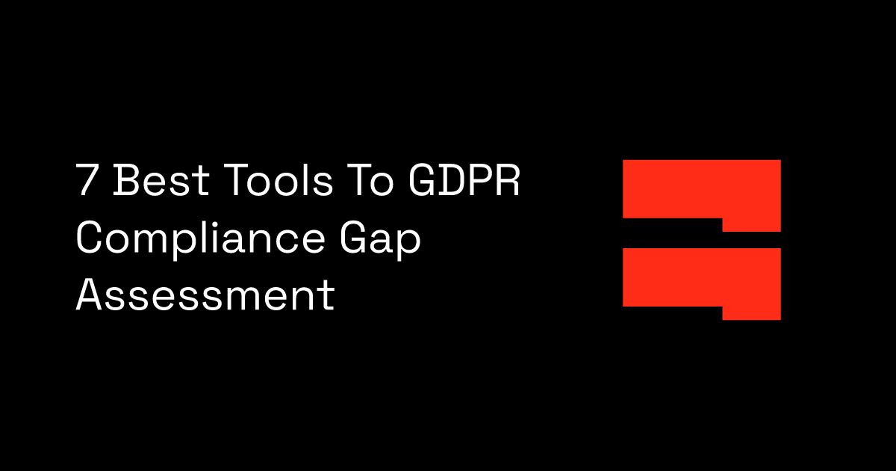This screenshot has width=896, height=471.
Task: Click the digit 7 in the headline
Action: [x=89, y=181]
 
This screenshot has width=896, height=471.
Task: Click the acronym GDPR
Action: [x=465, y=181]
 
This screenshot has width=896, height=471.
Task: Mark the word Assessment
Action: [x=205, y=295]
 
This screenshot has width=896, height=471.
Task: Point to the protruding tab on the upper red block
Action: [x=751, y=224]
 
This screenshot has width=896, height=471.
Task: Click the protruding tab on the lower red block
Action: [x=751, y=313]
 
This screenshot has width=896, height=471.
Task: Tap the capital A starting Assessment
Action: [x=90, y=295]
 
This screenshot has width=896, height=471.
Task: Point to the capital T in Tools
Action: [x=225, y=181]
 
